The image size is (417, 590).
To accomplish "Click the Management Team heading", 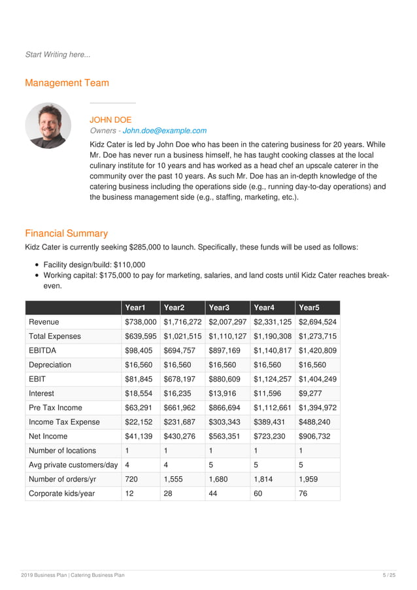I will pyautogui.click(x=67, y=83).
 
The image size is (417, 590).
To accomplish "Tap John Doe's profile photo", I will pyautogui.click(x=48, y=125).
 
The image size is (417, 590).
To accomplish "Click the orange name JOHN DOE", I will pyautogui.click(x=110, y=120).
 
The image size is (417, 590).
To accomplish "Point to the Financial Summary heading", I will pyautogui.click(x=66, y=233).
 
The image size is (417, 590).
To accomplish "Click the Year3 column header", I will pyautogui.click(x=219, y=308).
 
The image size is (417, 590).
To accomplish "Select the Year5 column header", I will pyautogui.click(x=309, y=308).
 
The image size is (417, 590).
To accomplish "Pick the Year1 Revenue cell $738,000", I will pyautogui.click(x=141, y=322).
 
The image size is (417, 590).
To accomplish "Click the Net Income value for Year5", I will pyautogui.click(x=314, y=436).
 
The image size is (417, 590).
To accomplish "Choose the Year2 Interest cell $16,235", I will pyautogui.click(x=178, y=393).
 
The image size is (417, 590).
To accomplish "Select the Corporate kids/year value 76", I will pyautogui.click(x=304, y=493).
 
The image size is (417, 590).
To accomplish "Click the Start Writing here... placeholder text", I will pyautogui.click(x=58, y=54).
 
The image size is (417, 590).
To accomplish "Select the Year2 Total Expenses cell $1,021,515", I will pyautogui.click(x=182, y=336).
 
